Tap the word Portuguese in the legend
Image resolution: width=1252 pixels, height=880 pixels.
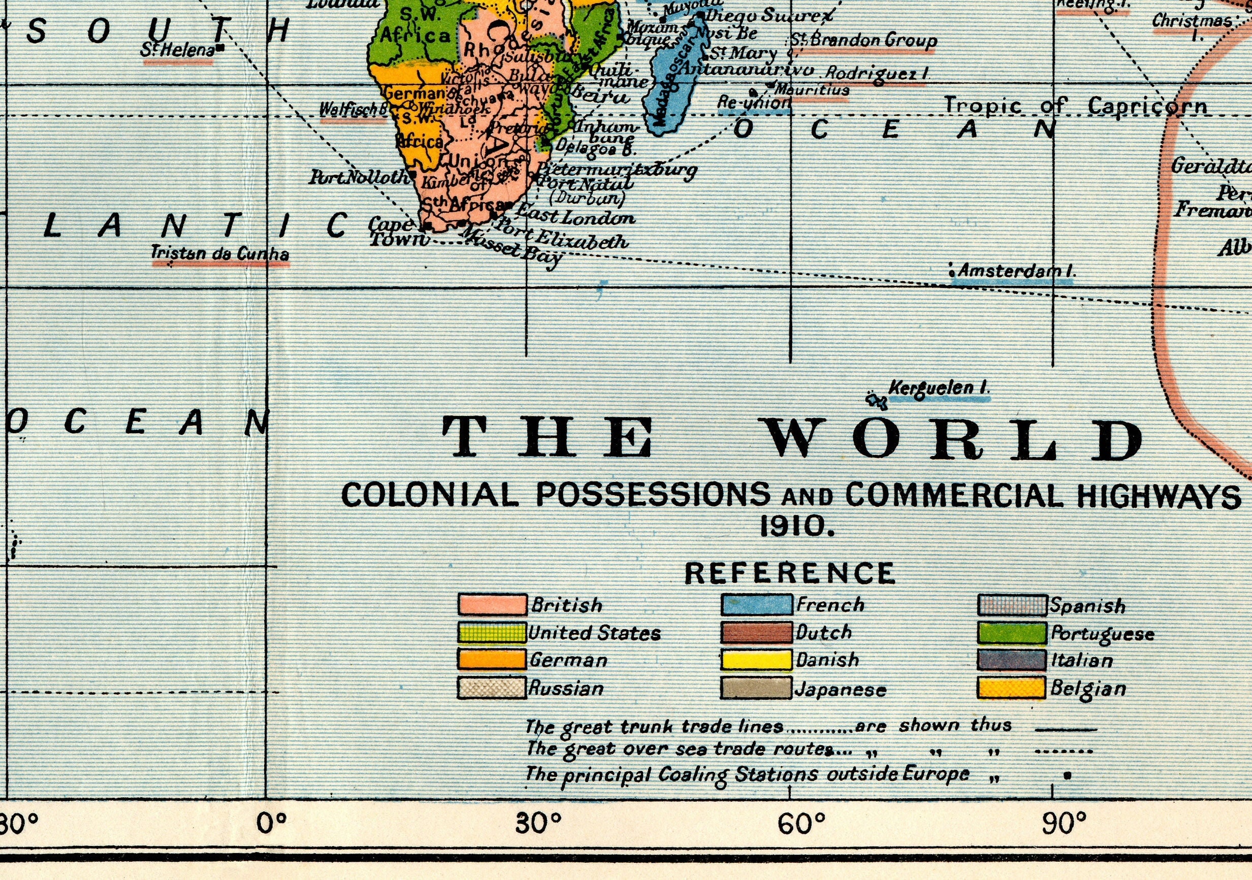pos(1102,634)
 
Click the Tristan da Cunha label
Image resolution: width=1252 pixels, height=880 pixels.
pos(220,254)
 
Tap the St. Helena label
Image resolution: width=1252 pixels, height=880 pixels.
pos(177,50)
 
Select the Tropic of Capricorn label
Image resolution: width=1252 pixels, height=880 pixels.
pos(1075,105)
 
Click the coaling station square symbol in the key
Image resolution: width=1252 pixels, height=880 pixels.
pos(1067,775)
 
